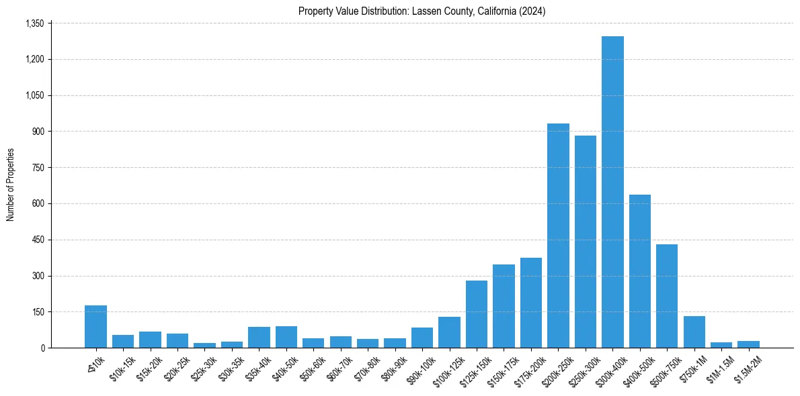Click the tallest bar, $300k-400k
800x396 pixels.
tap(612, 192)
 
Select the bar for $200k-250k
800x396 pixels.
tap(558, 236)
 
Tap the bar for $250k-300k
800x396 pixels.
tap(586, 242)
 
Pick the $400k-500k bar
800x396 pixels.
tap(640, 271)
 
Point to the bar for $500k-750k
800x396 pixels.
tap(667, 296)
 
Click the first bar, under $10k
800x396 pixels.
tap(95, 327)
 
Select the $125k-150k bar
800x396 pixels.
tap(477, 314)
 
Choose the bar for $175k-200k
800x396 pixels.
tap(531, 303)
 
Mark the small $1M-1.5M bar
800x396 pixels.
tap(721, 345)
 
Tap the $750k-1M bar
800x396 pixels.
tap(694, 332)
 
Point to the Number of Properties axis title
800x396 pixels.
tap(11, 185)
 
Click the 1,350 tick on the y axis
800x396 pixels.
tap(34, 23)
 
